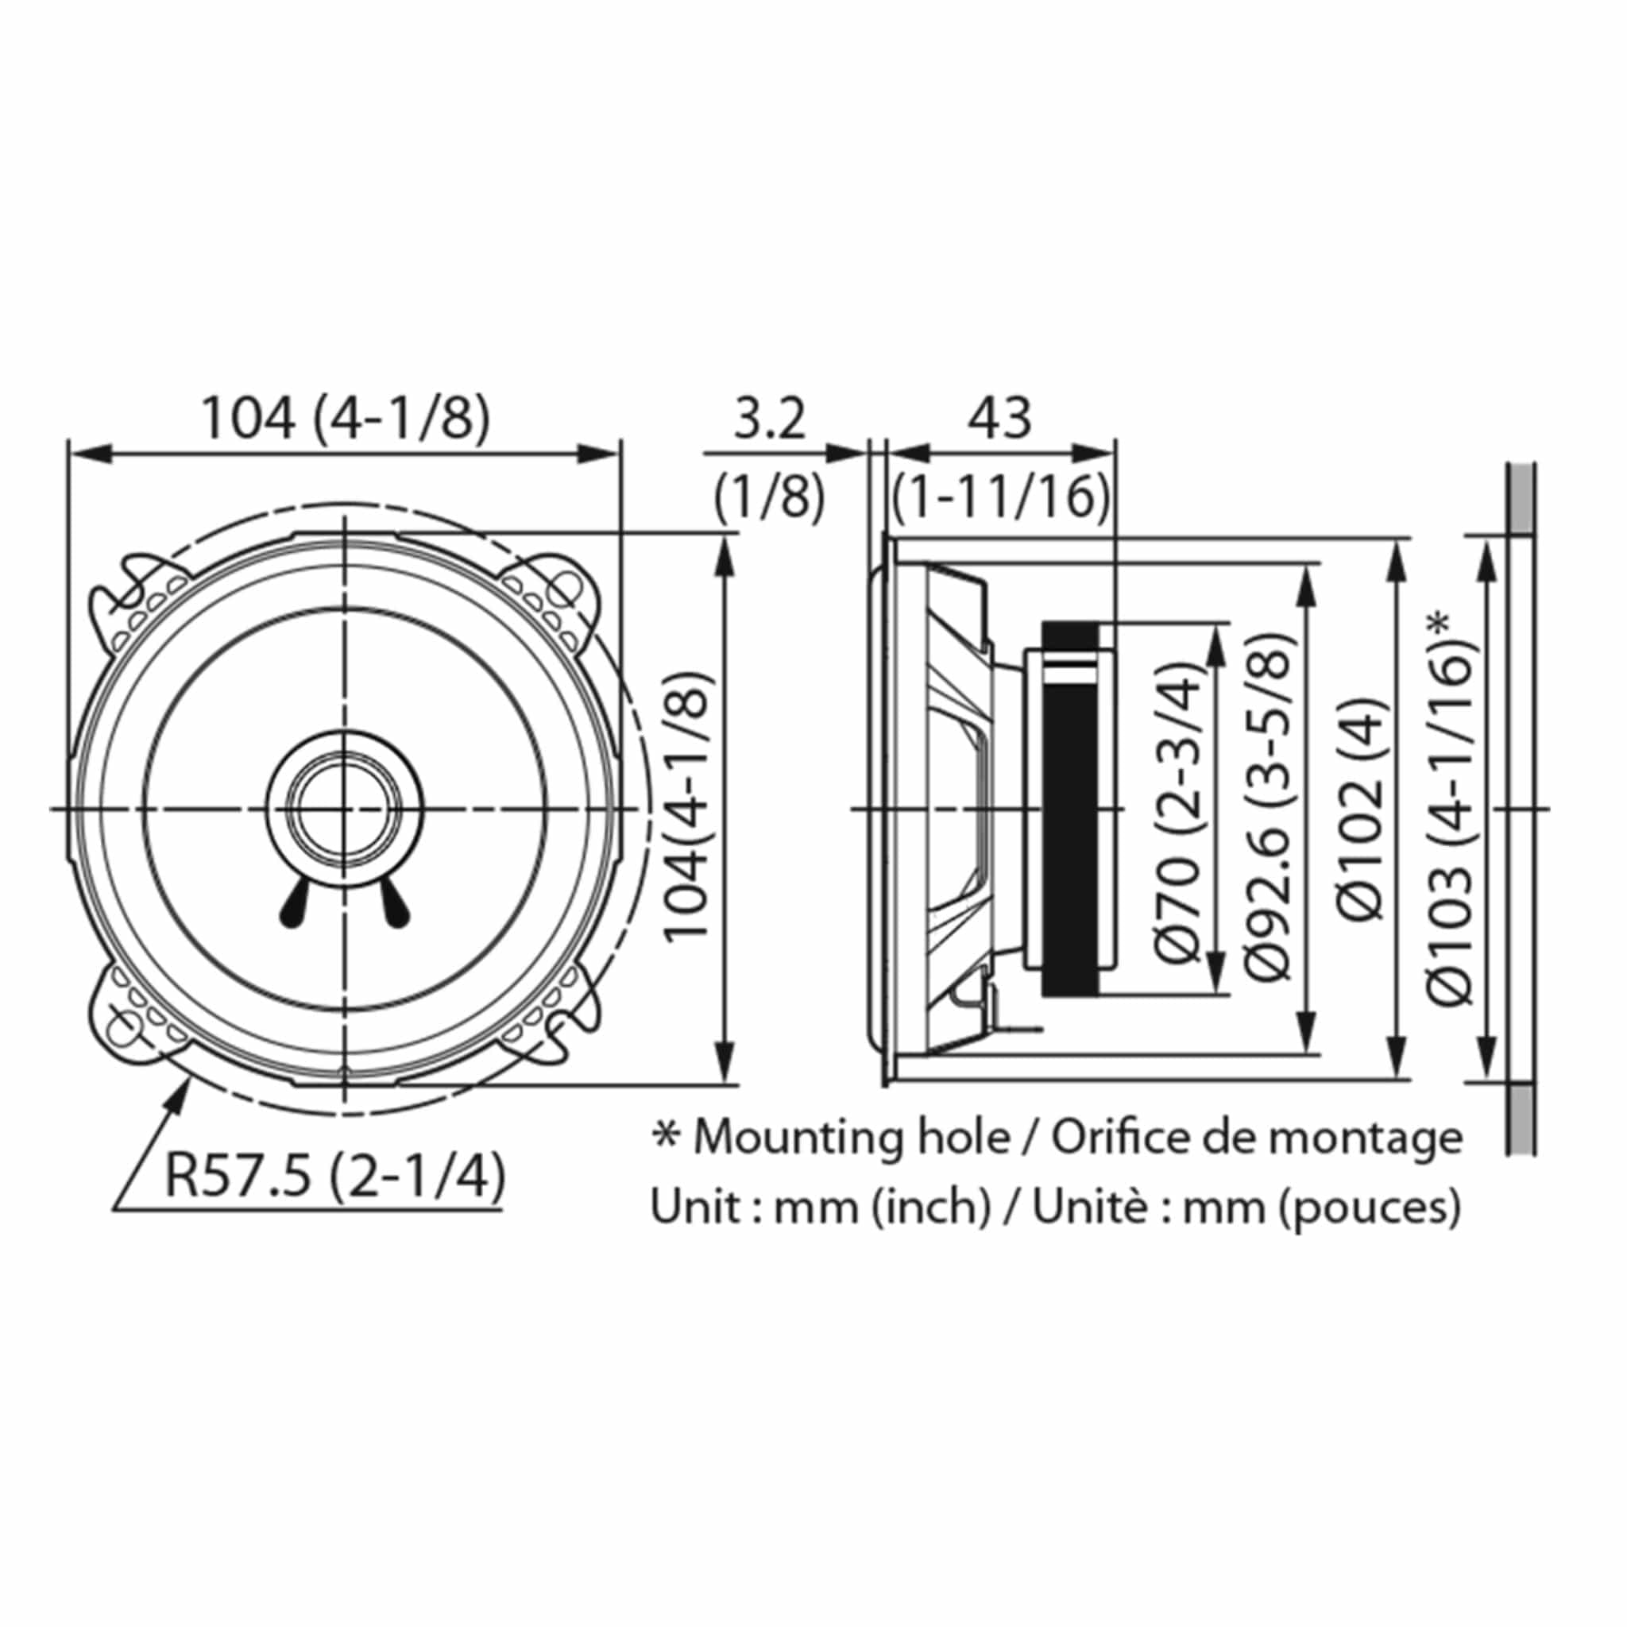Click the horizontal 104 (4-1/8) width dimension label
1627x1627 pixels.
(x=346, y=419)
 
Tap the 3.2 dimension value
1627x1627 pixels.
(x=769, y=419)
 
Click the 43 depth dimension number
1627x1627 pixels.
(x=999, y=419)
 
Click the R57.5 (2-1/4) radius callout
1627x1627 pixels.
(x=334, y=1176)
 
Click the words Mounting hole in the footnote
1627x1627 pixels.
(x=851, y=1138)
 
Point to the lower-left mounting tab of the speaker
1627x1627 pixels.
(x=126, y=1020)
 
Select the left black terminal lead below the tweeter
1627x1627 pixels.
(x=292, y=907)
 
